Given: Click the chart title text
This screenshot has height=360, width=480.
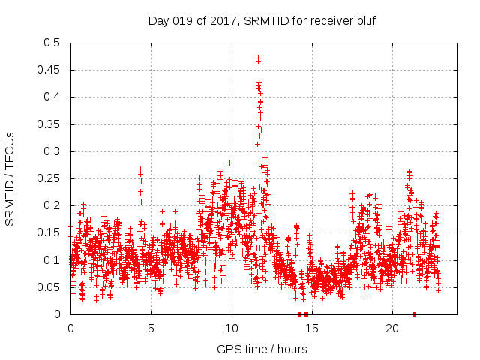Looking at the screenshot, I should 262,20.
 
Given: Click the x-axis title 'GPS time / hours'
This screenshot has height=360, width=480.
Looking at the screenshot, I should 262,349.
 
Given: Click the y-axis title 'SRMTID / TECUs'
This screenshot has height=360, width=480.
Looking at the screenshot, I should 10,178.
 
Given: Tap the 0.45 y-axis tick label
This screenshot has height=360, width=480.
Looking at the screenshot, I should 52,70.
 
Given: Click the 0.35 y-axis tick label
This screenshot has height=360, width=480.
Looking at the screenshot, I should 52,124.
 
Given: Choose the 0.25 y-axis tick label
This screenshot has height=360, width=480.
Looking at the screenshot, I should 52,178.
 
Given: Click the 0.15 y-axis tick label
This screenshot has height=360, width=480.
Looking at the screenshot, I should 52,232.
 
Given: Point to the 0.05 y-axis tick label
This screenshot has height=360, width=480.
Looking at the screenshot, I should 52,287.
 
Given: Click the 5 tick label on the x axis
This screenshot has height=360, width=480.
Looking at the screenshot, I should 151,328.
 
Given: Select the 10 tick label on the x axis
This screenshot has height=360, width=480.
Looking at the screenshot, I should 232,328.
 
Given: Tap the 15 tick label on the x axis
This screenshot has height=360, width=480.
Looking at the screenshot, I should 312,328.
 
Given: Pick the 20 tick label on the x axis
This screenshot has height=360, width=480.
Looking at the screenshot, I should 392,328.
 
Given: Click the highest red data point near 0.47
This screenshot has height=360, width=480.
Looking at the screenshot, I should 258,58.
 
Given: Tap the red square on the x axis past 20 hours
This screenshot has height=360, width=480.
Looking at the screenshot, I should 415,314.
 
